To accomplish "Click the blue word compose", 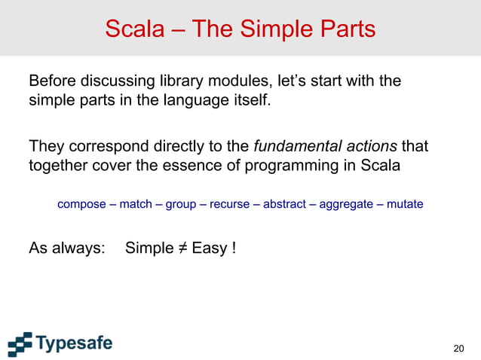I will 81,204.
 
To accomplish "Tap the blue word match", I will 139,204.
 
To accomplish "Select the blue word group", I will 181,204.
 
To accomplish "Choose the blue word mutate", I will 405,204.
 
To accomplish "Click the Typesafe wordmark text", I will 75,344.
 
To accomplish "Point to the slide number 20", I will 458,348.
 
